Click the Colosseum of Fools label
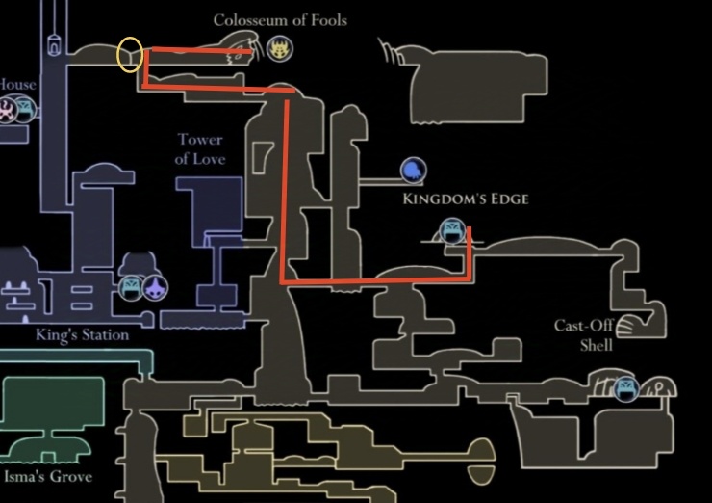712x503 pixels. pos(280,20)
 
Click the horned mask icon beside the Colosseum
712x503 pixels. pos(280,48)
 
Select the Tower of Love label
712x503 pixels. pos(199,149)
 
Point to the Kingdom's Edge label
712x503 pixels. pos(466,199)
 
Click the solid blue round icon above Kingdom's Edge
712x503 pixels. pos(413,171)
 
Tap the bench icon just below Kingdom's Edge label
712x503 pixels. pos(450,230)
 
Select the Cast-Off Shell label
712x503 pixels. pos(584,334)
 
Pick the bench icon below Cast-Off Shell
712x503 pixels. pos(626,389)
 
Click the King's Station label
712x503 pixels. pos(83,335)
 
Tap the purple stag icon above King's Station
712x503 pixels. pos(155,286)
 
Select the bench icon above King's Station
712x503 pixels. pos(131,286)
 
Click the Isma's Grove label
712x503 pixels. pos(48,477)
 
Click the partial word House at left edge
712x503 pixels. pos(16,85)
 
